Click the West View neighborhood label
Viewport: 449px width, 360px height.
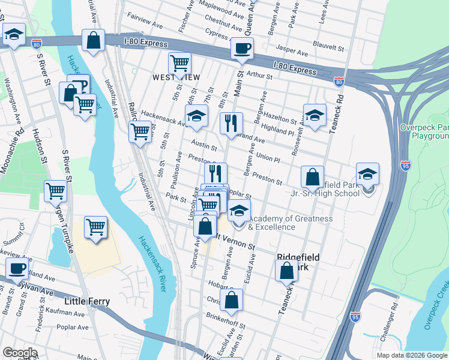[x=172, y=77]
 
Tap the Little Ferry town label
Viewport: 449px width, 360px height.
[x=91, y=300]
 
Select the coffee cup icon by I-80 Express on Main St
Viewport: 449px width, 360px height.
[x=242, y=49]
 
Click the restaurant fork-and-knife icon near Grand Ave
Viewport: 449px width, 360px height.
[x=231, y=124]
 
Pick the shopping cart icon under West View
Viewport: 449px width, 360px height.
[x=179, y=63]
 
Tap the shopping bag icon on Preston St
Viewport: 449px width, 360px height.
[x=312, y=178]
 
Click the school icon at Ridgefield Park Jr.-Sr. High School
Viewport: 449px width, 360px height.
[x=367, y=175]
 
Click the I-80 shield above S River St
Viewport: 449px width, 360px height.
[x=37, y=43]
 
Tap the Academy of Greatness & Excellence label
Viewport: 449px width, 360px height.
[x=290, y=223]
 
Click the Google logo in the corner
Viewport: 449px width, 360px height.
[x=20, y=352]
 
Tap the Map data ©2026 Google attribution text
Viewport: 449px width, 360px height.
[x=411, y=355]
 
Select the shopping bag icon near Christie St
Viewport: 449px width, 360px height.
[x=231, y=299]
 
